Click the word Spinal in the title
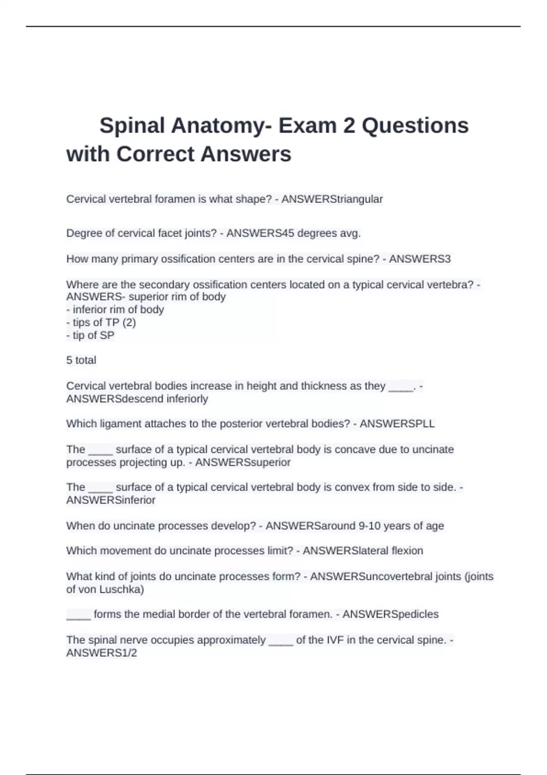click(x=132, y=125)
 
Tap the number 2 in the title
click(x=349, y=125)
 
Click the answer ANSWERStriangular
click(x=332, y=199)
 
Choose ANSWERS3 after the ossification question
click(x=419, y=259)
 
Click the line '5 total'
click(x=81, y=360)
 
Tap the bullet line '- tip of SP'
click(x=90, y=335)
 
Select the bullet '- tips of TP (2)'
click(x=101, y=322)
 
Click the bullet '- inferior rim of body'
click(x=115, y=310)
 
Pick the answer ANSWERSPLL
click(x=397, y=424)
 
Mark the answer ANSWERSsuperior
click(x=243, y=462)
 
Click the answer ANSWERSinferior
click(x=111, y=500)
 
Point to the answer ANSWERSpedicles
click(x=390, y=614)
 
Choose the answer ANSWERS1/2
click(x=102, y=653)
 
